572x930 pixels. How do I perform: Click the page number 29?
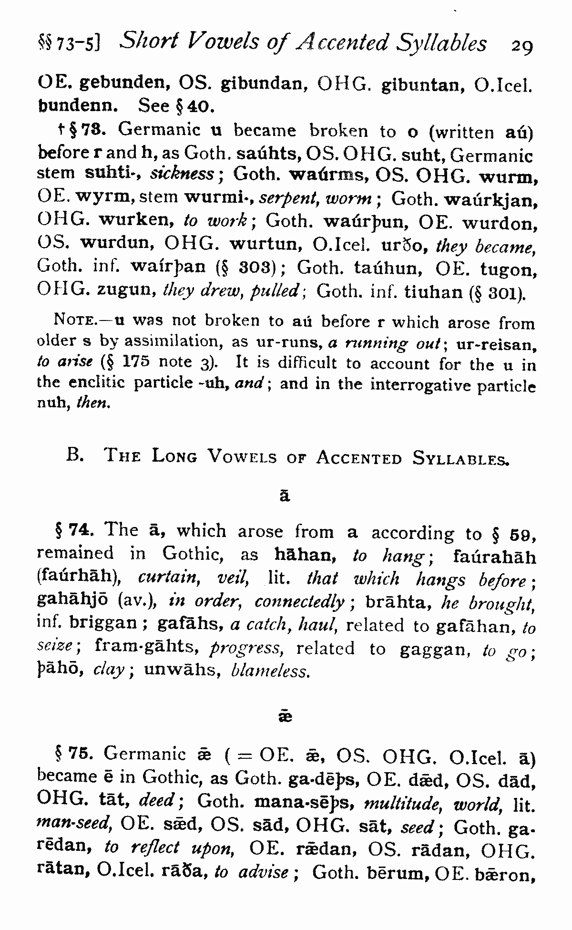coord(521,46)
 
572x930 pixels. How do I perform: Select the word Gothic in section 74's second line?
coord(190,553)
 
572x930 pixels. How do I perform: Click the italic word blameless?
coord(269,671)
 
